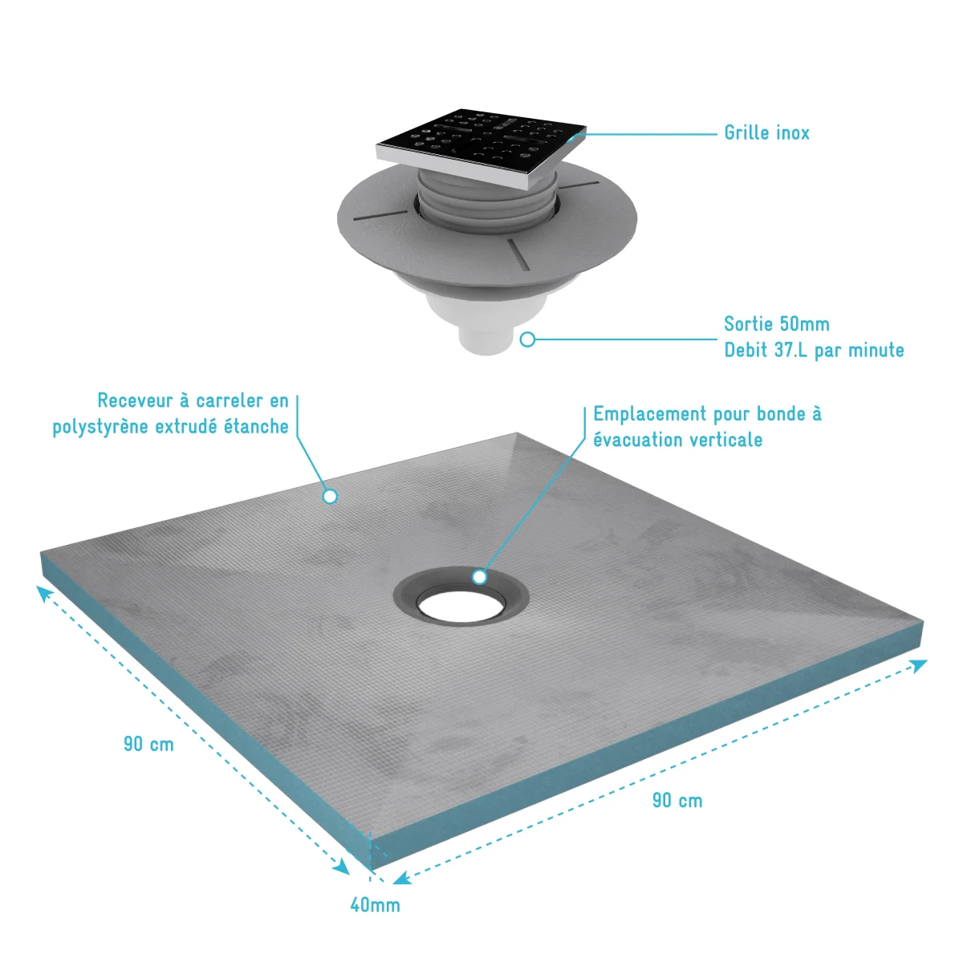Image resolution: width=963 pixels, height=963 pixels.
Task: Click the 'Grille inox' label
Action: click(x=766, y=133)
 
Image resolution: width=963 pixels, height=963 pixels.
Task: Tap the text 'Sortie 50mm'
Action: click(x=777, y=324)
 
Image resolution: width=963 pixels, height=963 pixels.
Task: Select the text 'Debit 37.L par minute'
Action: click(x=814, y=350)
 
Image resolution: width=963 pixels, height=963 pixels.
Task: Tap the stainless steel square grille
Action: click(x=480, y=148)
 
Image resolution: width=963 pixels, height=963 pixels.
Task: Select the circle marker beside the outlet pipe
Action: click(x=527, y=339)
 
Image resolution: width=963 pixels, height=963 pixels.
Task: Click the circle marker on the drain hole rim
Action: click(x=479, y=577)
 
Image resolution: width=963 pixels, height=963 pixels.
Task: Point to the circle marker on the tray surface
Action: click(x=330, y=496)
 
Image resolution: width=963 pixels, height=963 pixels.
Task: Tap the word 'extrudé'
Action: click(x=186, y=426)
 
